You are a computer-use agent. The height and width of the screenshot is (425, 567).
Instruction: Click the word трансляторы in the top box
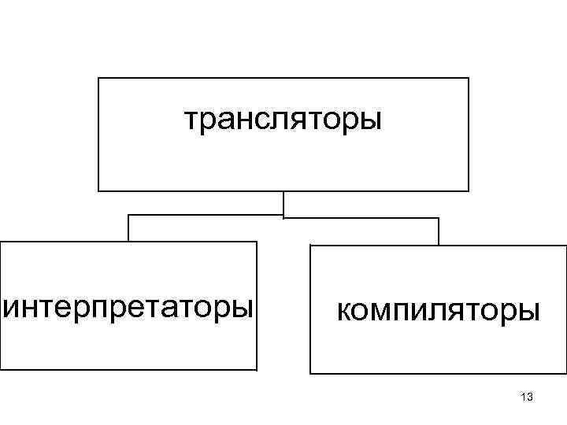[x=283, y=120]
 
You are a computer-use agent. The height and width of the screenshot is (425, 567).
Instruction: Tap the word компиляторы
[x=439, y=310]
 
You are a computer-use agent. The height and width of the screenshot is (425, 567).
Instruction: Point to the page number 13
[x=528, y=397]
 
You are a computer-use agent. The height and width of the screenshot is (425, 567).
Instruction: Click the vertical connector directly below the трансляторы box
[x=283, y=203]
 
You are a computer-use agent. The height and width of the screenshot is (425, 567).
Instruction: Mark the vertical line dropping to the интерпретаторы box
[x=129, y=228]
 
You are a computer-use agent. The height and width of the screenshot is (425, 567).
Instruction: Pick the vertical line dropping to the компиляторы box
[x=439, y=231]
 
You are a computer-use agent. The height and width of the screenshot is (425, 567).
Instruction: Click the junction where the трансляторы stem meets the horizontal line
[x=283, y=216]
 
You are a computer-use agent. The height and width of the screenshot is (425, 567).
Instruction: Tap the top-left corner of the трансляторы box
[x=98, y=78]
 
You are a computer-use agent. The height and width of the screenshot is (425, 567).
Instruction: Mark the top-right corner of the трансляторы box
[x=469, y=78]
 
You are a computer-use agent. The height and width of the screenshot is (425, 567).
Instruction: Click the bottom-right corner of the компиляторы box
[x=565, y=373]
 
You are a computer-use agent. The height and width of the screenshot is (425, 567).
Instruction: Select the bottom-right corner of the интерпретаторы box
[x=257, y=369]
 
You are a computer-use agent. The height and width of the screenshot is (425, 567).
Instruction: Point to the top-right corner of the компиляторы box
[x=565, y=246]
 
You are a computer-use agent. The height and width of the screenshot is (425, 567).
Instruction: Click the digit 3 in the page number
[x=531, y=397]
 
